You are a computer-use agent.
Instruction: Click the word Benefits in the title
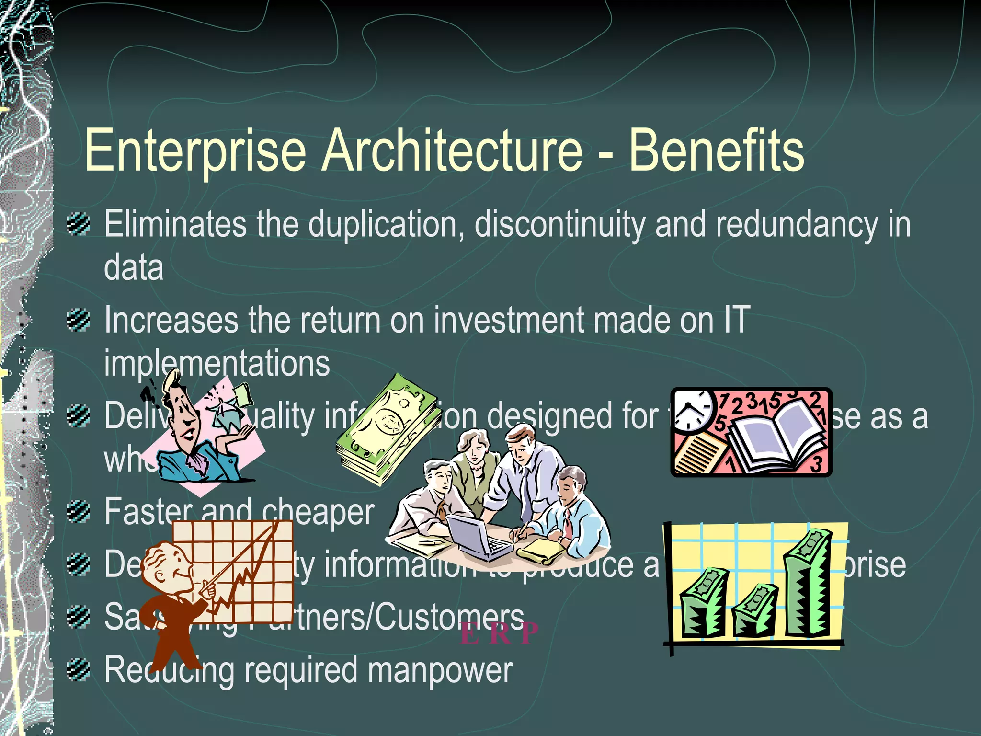tap(716, 151)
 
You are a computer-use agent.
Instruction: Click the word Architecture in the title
tap(453, 151)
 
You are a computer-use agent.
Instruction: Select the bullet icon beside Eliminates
tap(79, 224)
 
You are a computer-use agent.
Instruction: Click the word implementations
tap(217, 363)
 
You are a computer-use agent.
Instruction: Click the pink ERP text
tap(498, 633)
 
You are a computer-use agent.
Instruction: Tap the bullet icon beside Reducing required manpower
tap(79, 669)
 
